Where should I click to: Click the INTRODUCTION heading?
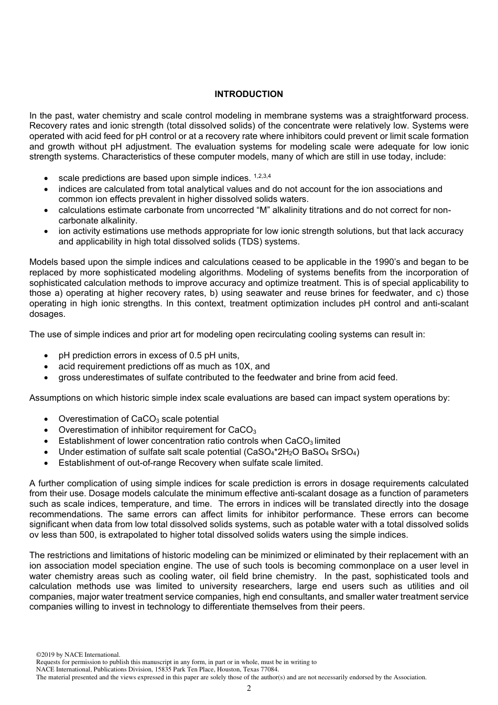tap(248, 94)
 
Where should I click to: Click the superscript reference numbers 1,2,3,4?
tap(262, 176)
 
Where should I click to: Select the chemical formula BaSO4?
tap(317, 452)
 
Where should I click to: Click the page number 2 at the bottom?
tap(248, 688)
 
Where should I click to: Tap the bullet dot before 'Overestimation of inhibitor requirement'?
tap(48, 430)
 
